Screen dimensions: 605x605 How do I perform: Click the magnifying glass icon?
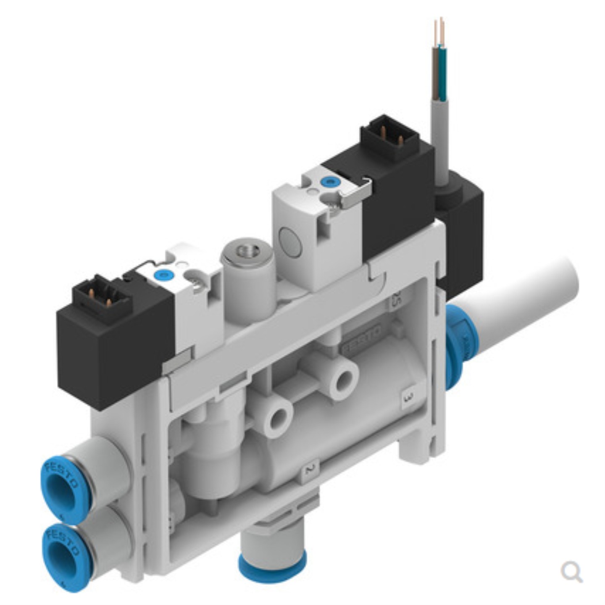(x=571, y=572)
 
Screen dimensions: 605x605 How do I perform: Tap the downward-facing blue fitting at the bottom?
(x=272, y=567)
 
